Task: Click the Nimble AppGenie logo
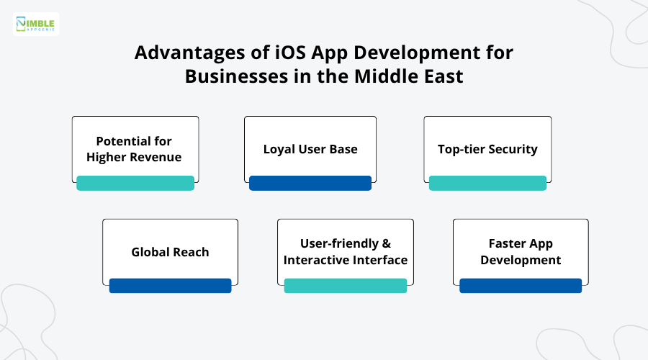[x=36, y=24]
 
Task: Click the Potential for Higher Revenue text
[x=135, y=148]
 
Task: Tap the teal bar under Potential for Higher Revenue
[x=135, y=183]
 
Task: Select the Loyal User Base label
[x=310, y=149]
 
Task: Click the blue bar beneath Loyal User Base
[x=310, y=183]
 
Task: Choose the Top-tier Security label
[x=487, y=149]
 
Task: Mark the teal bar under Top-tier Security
[x=487, y=183]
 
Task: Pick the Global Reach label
[x=170, y=252]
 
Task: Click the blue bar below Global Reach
[x=170, y=286]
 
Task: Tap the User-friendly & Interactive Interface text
[x=346, y=252]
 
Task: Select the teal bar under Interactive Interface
[x=346, y=286]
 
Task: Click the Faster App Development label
[x=521, y=252]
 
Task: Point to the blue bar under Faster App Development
[x=521, y=286]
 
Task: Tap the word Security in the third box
[x=513, y=149]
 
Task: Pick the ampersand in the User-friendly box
[x=386, y=244]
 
